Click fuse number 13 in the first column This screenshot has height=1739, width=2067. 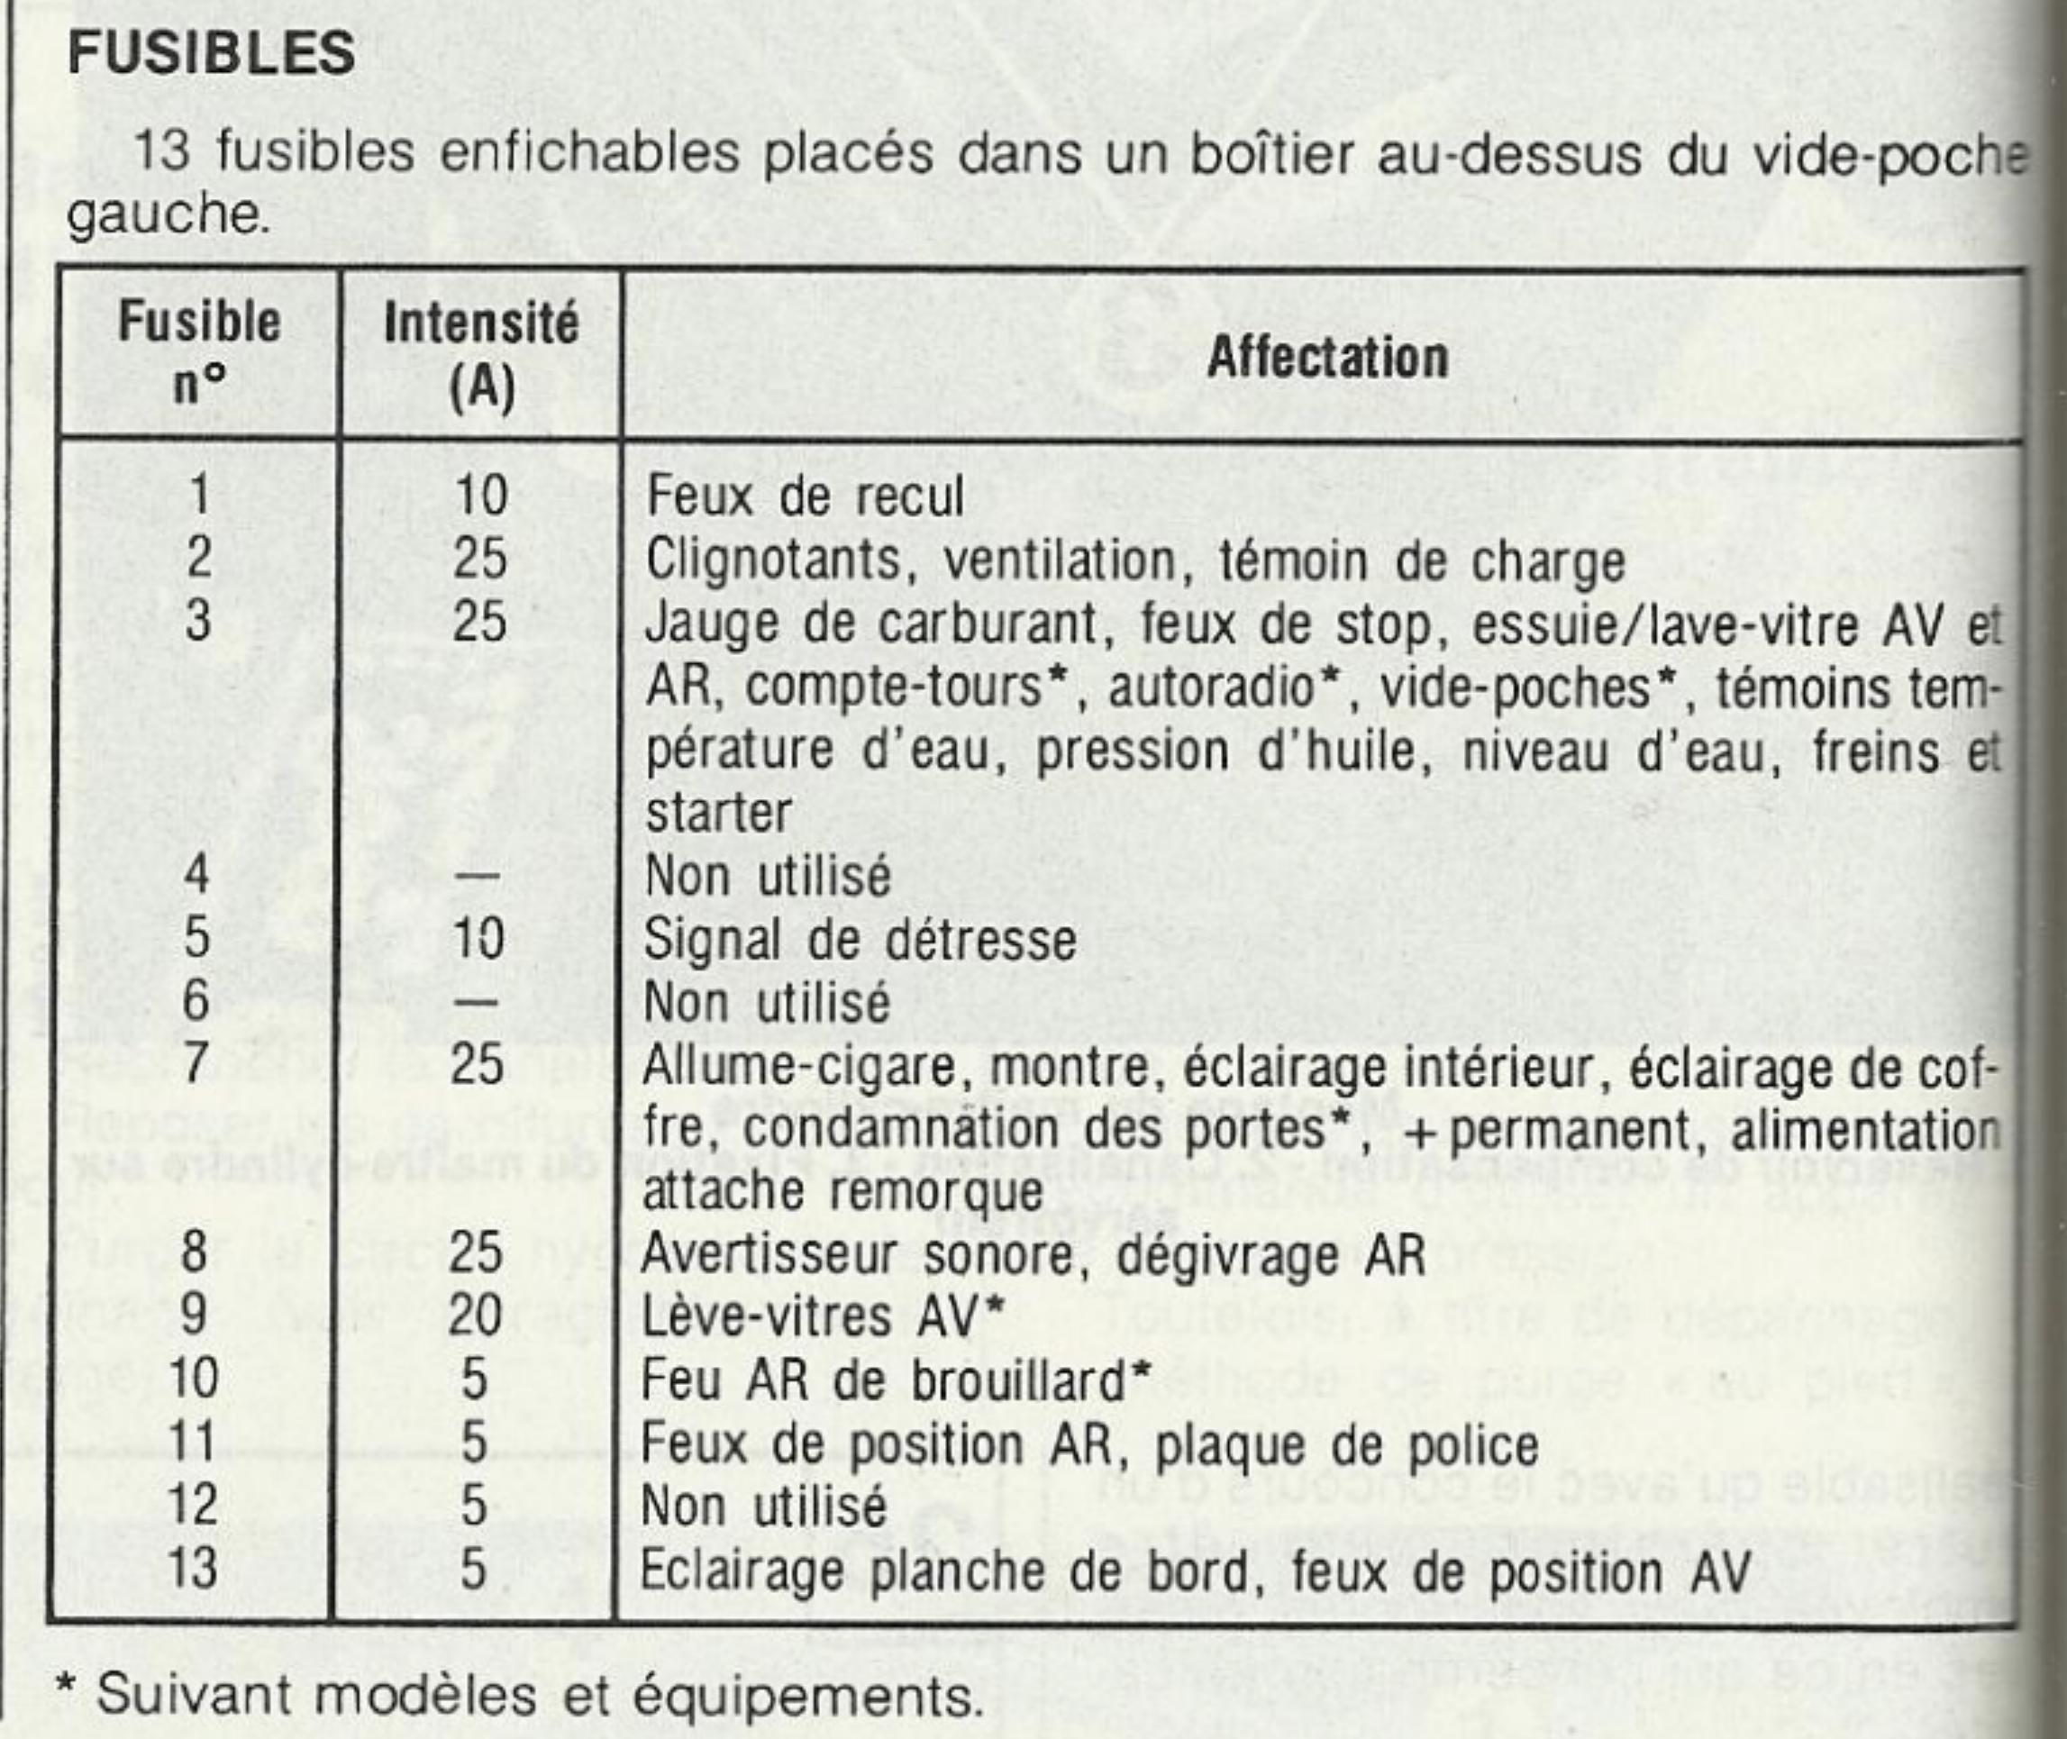click(x=192, y=1568)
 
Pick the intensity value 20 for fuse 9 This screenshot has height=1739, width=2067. click(x=475, y=1316)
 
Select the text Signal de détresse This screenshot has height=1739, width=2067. click(x=859, y=940)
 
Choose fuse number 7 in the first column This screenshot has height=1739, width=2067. click(x=196, y=1065)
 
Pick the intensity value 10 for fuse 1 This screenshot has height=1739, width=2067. click(x=481, y=495)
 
